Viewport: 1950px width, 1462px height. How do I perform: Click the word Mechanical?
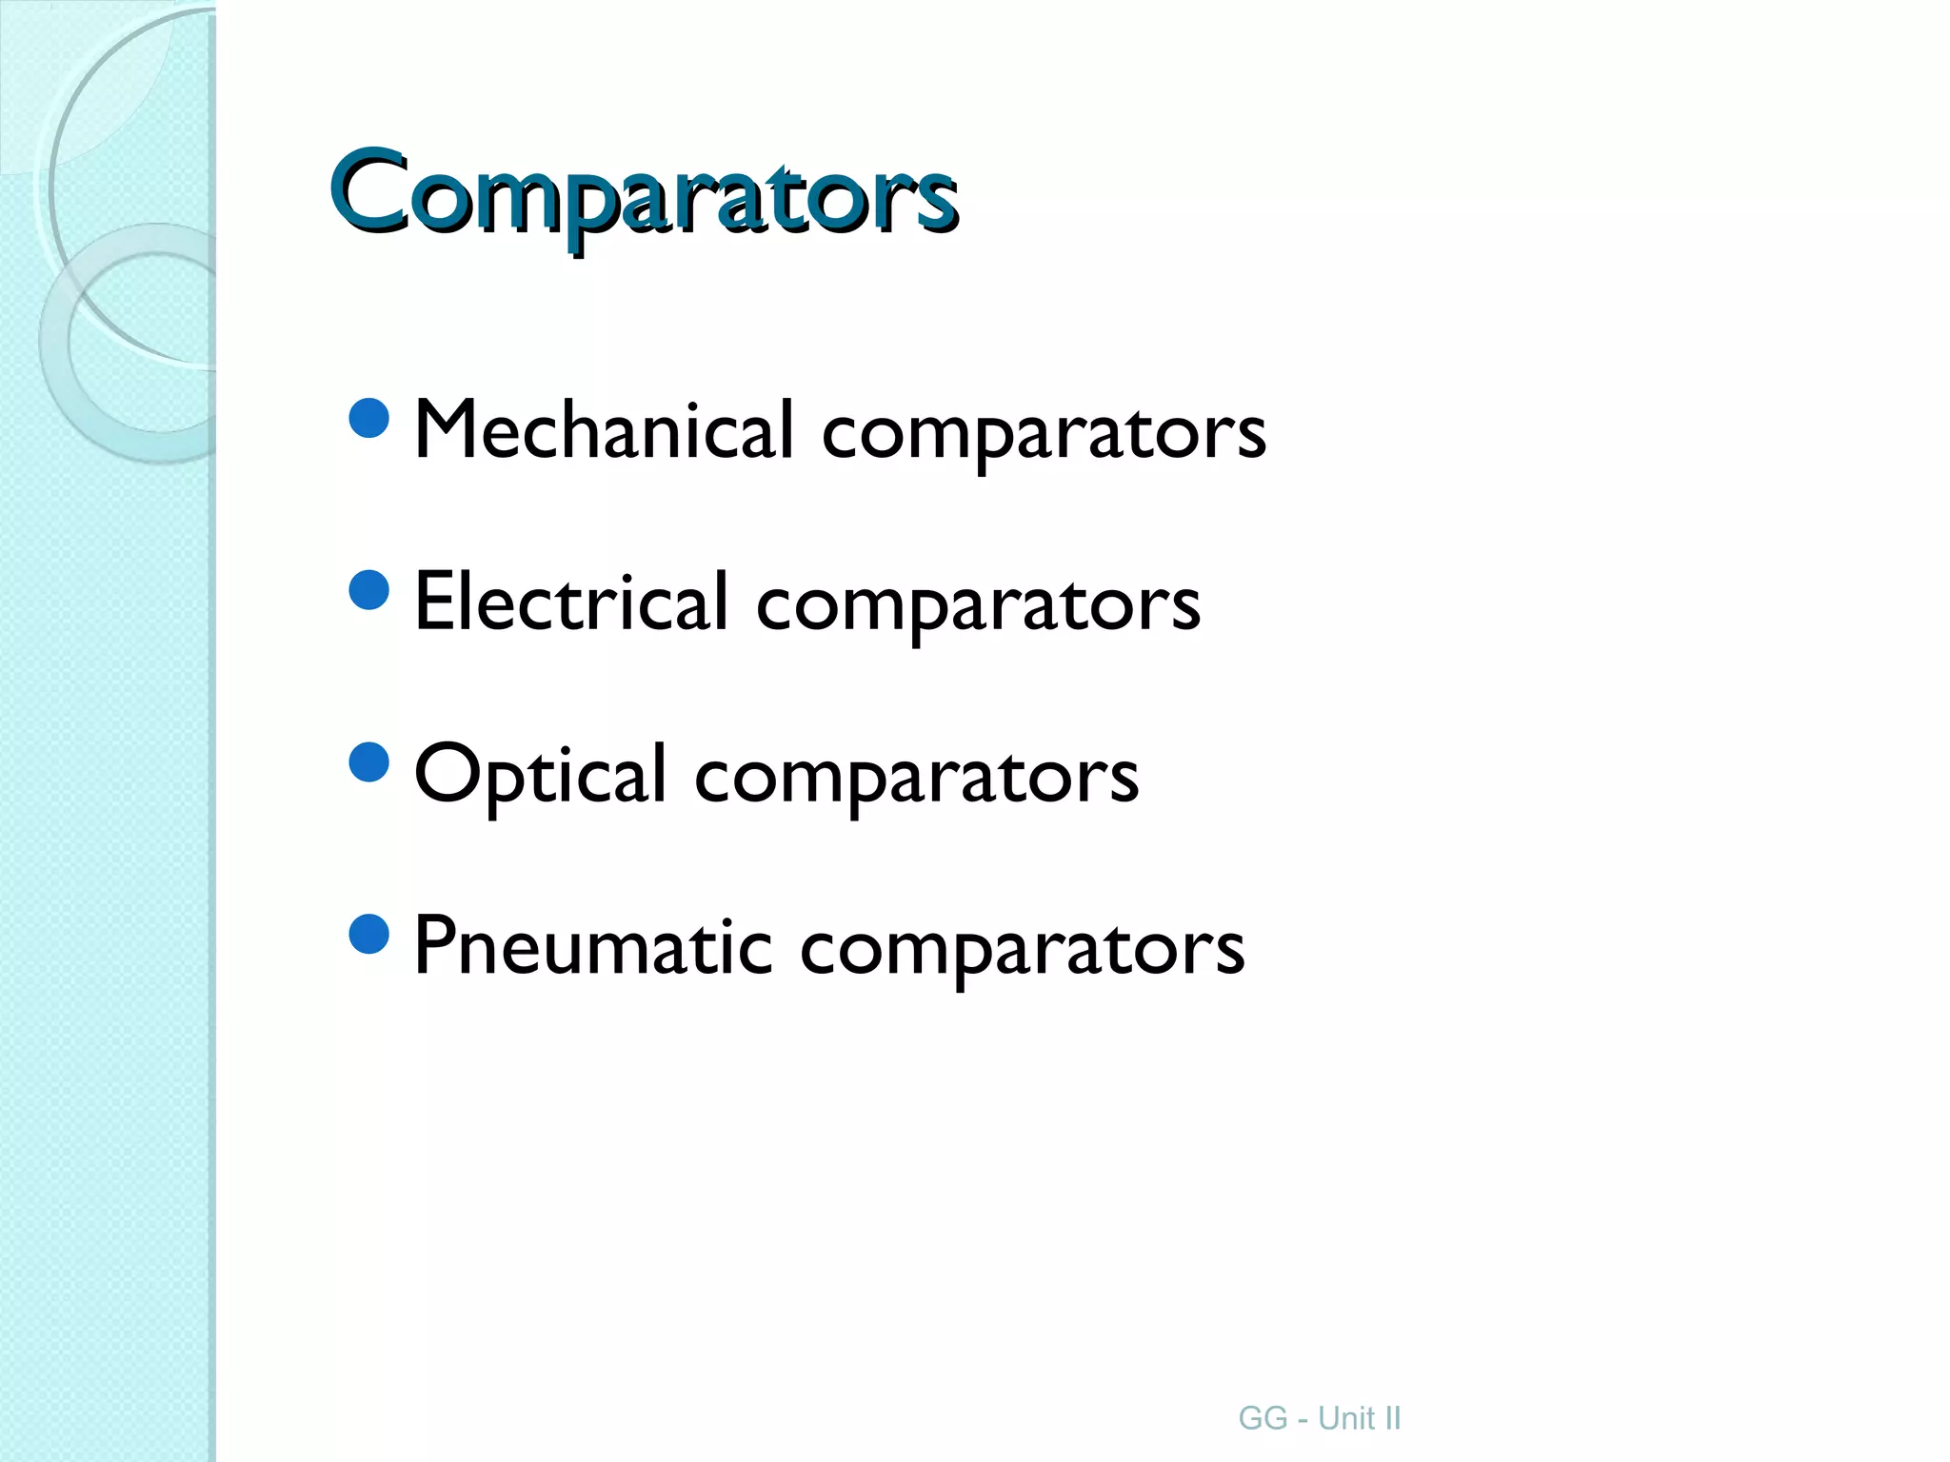(604, 430)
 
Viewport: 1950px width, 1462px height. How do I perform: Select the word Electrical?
(571, 603)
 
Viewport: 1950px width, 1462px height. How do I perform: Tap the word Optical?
(540, 775)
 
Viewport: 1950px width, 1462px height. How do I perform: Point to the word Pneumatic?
(592, 947)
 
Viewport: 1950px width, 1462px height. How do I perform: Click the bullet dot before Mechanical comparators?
(369, 418)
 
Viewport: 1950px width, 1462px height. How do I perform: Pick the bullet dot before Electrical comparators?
(369, 590)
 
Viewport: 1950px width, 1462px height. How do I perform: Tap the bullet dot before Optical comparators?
(369, 762)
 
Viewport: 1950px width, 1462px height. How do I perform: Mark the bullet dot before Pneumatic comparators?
(369, 935)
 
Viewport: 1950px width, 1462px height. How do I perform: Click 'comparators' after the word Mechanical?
(1044, 434)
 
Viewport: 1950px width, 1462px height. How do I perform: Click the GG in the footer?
(1263, 1418)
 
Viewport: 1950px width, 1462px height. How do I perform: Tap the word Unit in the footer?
(1345, 1418)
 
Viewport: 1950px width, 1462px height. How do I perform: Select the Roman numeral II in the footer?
(1392, 1418)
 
